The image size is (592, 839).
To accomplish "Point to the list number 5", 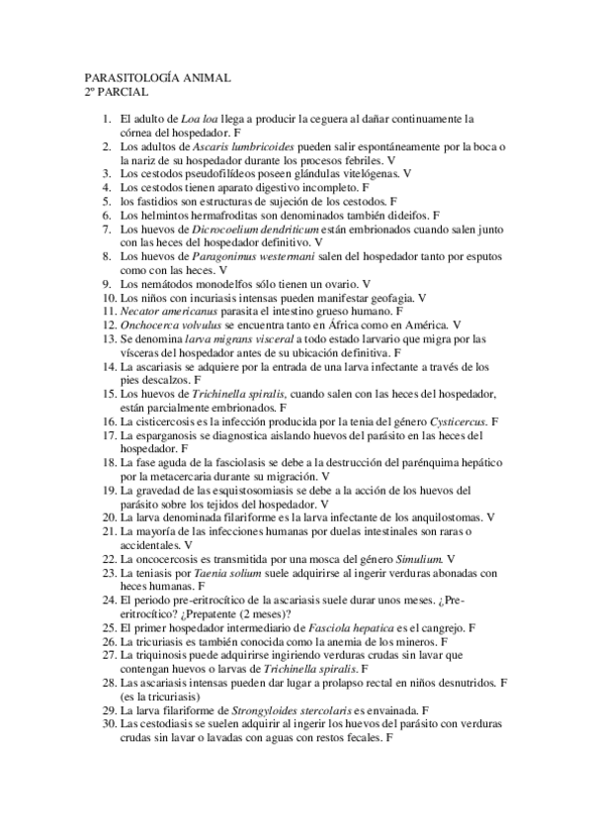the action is tap(111, 200).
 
